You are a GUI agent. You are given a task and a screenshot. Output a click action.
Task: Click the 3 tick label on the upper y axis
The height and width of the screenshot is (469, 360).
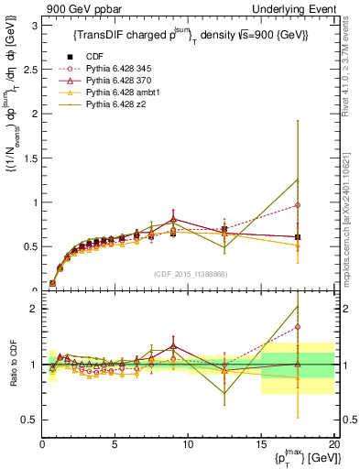pyautogui.click(x=33, y=26)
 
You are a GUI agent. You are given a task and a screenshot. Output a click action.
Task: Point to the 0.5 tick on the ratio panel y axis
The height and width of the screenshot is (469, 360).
pyautogui.click(x=29, y=420)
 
